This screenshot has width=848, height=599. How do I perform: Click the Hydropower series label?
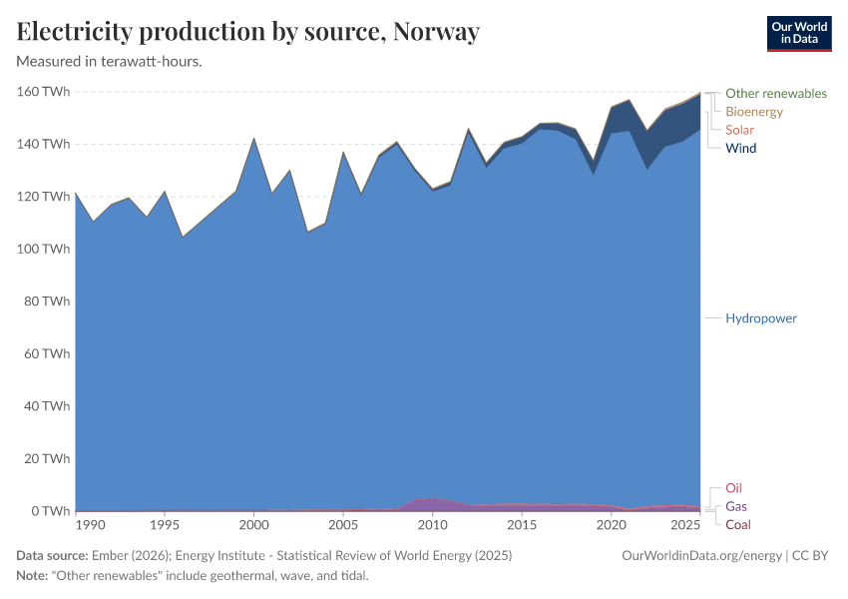pos(760,317)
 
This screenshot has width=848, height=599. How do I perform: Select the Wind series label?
pos(740,148)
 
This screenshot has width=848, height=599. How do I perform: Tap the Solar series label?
pos(739,130)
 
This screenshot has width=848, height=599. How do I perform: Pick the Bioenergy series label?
pos(754,112)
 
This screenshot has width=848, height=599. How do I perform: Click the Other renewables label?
pos(775,93)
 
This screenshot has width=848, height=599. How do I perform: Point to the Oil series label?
pos(733,488)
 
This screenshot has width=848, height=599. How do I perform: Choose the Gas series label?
pos(736,506)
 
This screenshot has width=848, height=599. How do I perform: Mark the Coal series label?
pos(738,524)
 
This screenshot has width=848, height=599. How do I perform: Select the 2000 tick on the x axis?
pos(253,525)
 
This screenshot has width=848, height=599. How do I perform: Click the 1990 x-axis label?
pos(89,525)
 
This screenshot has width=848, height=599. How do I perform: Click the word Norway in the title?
pos(436,32)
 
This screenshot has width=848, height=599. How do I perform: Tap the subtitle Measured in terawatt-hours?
pos(110,61)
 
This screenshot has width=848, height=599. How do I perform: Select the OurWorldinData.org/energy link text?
pos(700,555)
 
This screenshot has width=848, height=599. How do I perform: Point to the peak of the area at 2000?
pos(253,139)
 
